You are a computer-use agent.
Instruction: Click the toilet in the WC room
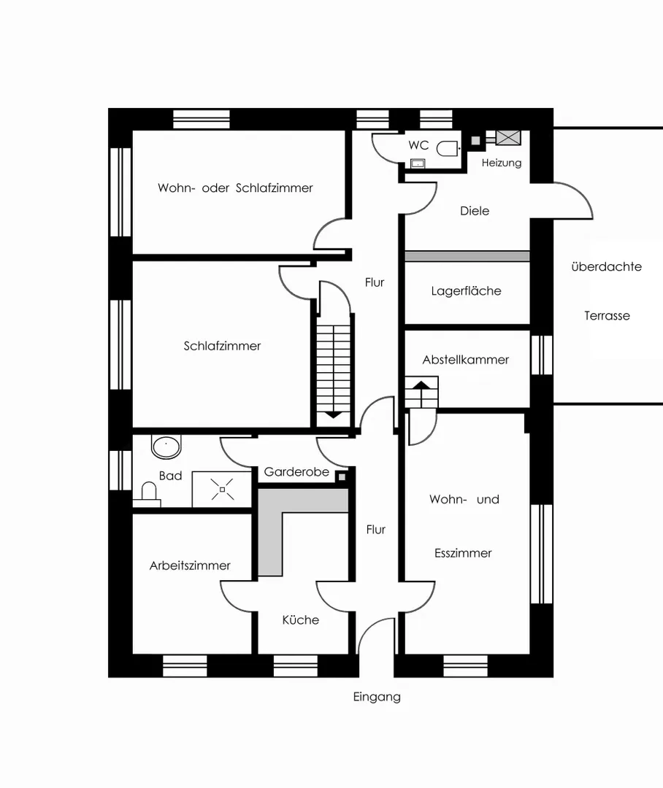pos(447,149)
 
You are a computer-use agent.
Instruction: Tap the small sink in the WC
pos(418,163)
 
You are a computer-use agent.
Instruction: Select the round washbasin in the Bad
pos(166,447)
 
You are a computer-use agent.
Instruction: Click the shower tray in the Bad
pos(222,489)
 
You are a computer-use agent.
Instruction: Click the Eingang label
pos(377,697)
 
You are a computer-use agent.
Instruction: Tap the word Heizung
pos(502,163)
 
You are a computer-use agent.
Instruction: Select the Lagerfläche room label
pos(467,291)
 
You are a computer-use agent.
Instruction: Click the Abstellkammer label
pos(466,360)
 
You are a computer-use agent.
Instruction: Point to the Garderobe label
pos(296,472)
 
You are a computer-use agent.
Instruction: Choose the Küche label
pos(301,619)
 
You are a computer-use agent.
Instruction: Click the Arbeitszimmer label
pos(190,565)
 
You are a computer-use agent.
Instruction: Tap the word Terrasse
pos(608,316)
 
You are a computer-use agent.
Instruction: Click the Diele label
pos(475,211)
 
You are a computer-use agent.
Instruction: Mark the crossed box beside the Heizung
pos(508,138)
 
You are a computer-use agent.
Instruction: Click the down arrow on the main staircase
pos(334,415)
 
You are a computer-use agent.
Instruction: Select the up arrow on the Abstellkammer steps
pos(421,385)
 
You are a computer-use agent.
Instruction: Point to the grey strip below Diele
pos(467,256)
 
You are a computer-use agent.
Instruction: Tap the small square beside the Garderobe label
pos(342,476)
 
